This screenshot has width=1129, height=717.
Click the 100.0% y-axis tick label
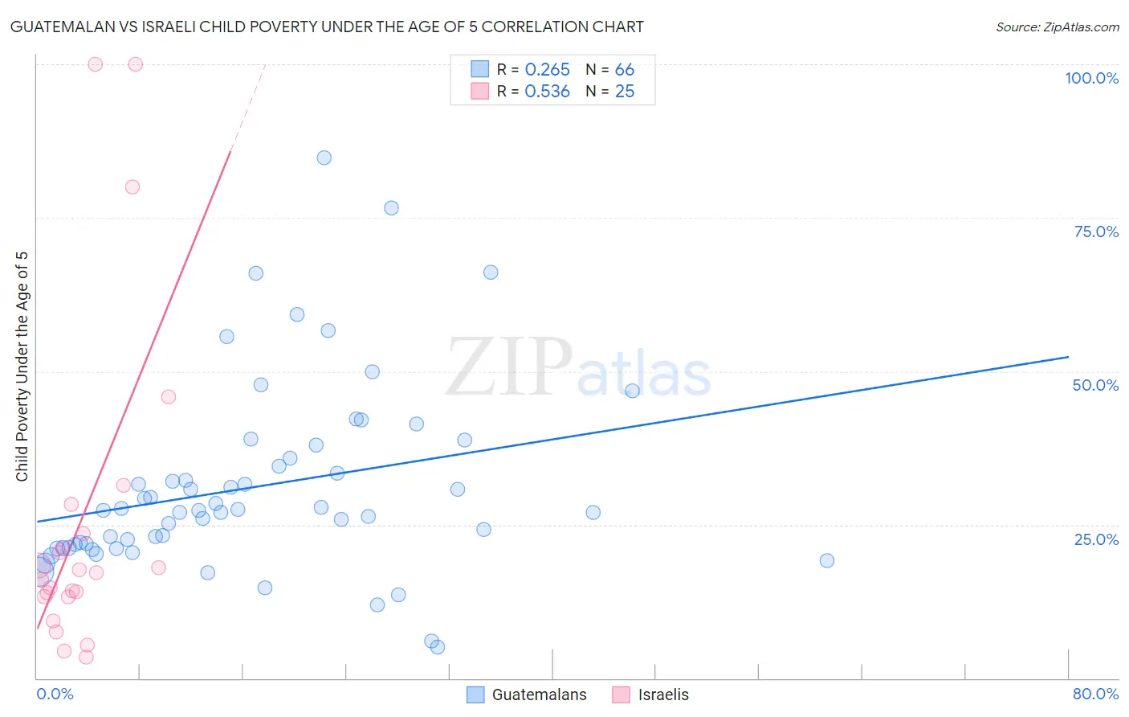click(1091, 78)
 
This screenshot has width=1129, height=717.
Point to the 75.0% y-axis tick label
click(1096, 231)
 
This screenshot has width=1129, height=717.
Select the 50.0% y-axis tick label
click(1095, 385)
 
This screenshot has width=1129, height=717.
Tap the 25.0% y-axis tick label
click(1096, 539)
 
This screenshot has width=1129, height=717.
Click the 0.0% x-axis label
click(55, 694)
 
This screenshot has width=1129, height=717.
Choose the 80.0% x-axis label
click(1095, 694)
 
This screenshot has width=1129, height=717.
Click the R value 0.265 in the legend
click(547, 70)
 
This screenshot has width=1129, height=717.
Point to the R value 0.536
click(547, 92)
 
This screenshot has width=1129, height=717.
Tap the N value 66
click(625, 70)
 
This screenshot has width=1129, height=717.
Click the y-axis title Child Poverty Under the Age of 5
click(22, 366)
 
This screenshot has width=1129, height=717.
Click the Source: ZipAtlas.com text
click(1057, 27)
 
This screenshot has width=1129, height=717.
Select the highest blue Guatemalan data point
click(324, 158)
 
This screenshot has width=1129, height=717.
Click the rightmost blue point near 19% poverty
click(827, 560)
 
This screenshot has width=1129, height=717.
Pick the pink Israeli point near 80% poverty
click(132, 186)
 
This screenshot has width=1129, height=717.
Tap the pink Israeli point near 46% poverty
click(169, 396)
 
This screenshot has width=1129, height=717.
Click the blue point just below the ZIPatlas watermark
click(632, 391)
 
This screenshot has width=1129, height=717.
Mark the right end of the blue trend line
click(1068, 356)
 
